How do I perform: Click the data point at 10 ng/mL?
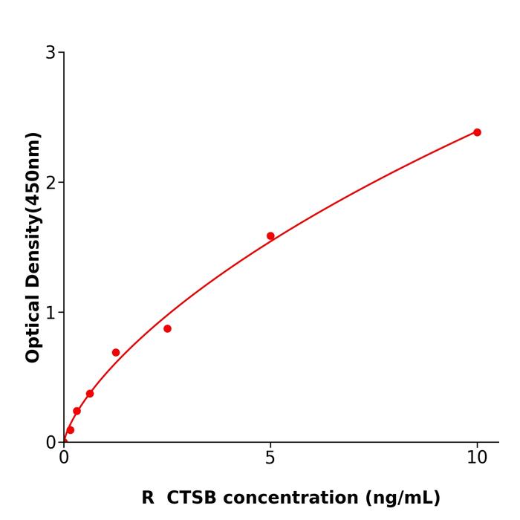pos(477,132)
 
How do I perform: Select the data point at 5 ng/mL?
pos(270,236)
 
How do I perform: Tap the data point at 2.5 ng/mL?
pos(167,328)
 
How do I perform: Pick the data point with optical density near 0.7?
pos(116,353)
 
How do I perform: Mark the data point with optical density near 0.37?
pos(90,394)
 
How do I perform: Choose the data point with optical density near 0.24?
pos(77,411)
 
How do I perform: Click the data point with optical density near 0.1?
pos(71,430)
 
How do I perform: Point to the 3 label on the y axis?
pos(51,53)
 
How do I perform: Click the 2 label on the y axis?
pos(51,183)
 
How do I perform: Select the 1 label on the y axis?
pos(51,313)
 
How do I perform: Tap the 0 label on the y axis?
pos(51,443)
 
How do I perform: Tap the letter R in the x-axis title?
pos(148,498)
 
